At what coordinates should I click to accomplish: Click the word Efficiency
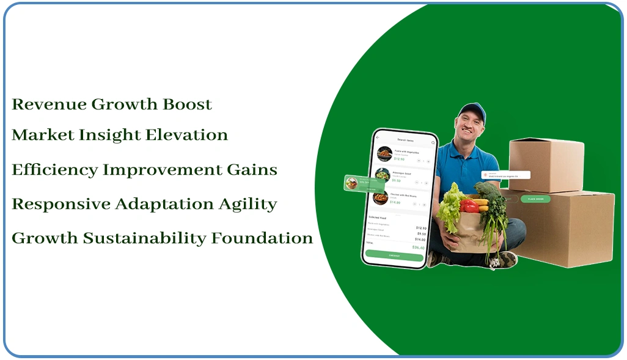point(54,171)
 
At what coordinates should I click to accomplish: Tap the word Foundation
point(262,238)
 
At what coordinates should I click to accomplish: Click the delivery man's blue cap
point(472,111)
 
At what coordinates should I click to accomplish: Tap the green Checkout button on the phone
point(394,255)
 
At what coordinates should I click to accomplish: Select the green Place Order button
point(535,199)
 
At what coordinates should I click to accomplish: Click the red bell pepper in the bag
point(470,207)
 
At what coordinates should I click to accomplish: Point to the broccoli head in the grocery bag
point(488,191)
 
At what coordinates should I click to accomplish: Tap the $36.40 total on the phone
point(418,248)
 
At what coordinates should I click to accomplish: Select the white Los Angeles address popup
point(505,175)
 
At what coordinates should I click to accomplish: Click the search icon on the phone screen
point(433,142)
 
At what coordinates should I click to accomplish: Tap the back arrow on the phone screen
point(378,138)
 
